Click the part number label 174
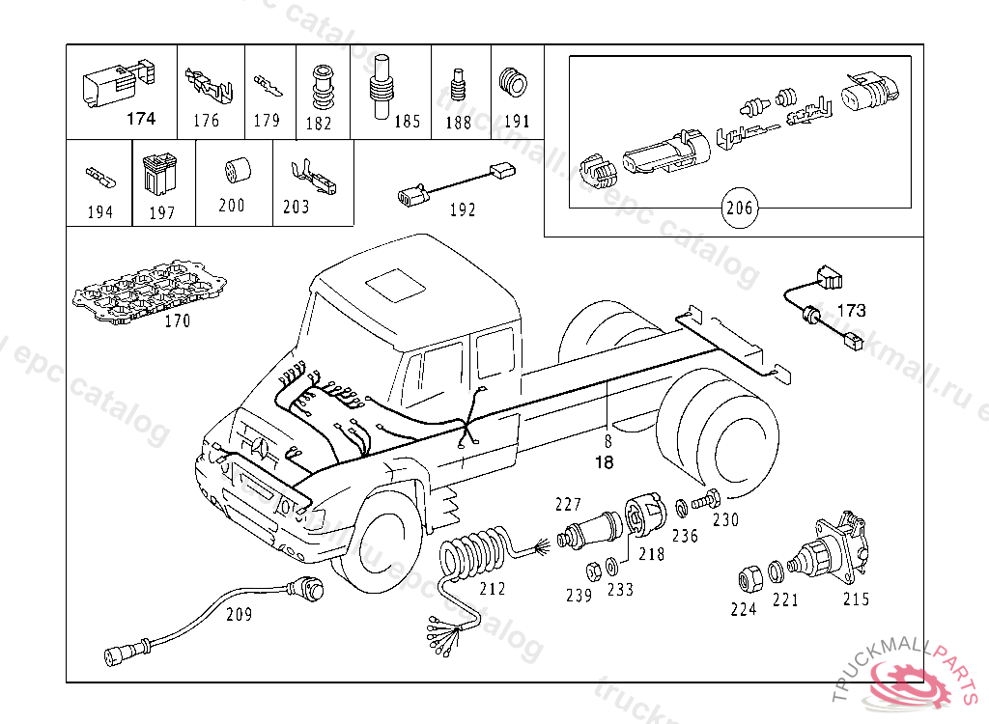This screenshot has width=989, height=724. pyautogui.click(x=141, y=120)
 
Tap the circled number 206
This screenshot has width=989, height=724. pyautogui.click(x=741, y=207)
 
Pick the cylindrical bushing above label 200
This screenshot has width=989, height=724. pyautogui.click(x=235, y=171)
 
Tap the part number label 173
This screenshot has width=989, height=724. pyautogui.click(x=851, y=311)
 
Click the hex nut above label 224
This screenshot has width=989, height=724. pyautogui.click(x=747, y=578)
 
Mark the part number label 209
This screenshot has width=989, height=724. pyautogui.click(x=240, y=614)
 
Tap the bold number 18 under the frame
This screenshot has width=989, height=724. pyautogui.click(x=605, y=462)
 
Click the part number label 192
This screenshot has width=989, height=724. pyautogui.click(x=464, y=209)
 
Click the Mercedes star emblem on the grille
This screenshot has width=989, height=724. pyautogui.click(x=264, y=446)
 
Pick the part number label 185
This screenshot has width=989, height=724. pyautogui.click(x=407, y=122)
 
